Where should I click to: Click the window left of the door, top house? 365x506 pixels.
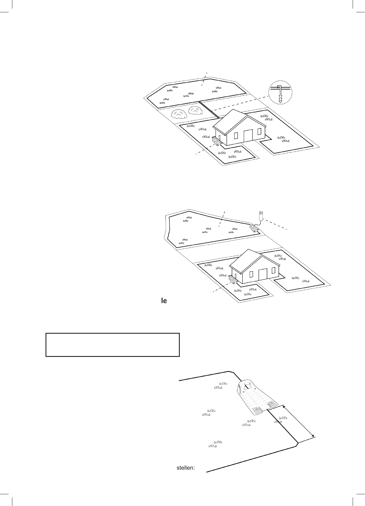pos(236,135)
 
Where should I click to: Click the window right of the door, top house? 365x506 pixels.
pos(259,132)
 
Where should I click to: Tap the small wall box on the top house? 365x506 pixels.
pos(219,137)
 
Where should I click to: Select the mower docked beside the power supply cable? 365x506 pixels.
pos(254,228)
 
